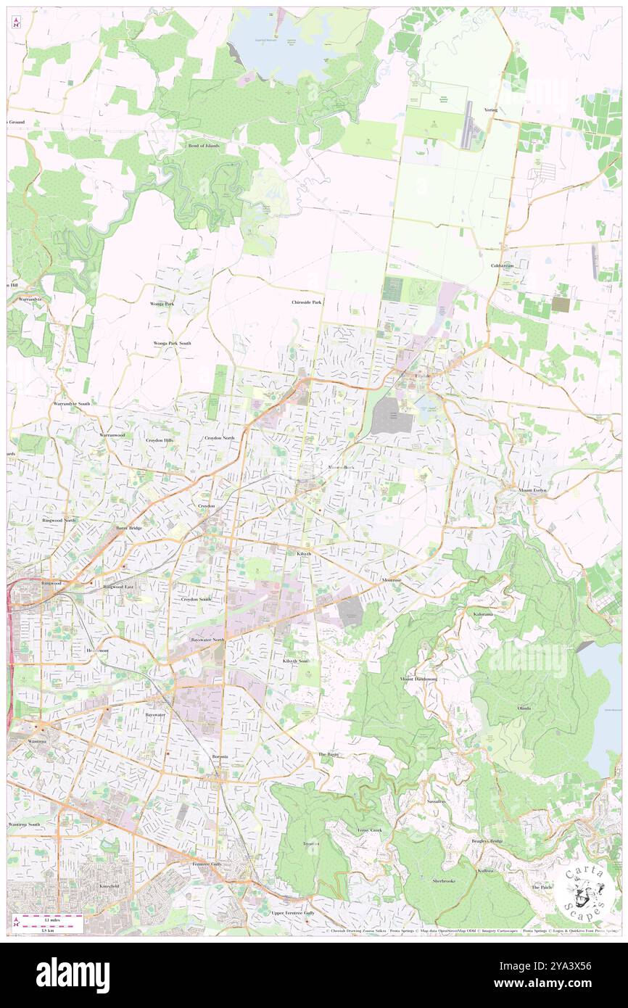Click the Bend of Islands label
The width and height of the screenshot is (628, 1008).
coord(203,146)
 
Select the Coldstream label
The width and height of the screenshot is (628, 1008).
coord(502,265)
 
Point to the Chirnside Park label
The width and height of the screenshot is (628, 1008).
coord(307,302)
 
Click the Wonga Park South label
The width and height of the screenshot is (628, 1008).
coord(172,342)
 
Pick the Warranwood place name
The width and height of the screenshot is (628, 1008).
coord(112,434)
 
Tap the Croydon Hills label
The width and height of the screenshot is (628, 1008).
coord(160,440)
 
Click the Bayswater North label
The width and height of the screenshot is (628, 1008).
coord(208,640)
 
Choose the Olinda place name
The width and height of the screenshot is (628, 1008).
coord(524,708)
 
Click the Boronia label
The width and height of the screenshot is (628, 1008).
coord(220,756)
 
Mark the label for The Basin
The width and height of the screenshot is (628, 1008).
coord(329,754)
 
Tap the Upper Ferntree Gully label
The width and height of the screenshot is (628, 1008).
coord(293,913)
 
